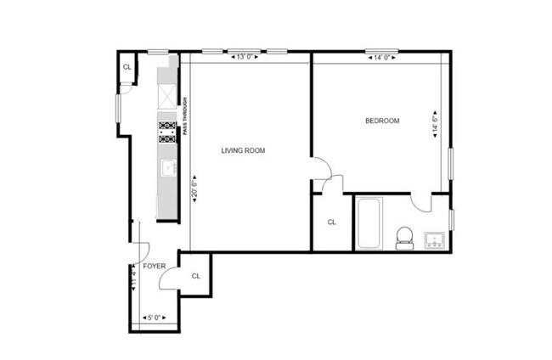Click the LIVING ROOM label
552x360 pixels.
(x=243, y=151)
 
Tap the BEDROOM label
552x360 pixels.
(x=381, y=121)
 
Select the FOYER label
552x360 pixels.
(x=154, y=266)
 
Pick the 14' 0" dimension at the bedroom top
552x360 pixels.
(x=379, y=58)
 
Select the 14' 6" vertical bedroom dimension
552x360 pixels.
(x=436, y=126)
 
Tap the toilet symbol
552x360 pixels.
(x=405, y=237)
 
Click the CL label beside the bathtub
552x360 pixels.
(x=332, y=223)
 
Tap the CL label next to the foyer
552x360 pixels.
(x=196, y=276)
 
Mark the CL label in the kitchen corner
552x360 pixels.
(x=127, y=67)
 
